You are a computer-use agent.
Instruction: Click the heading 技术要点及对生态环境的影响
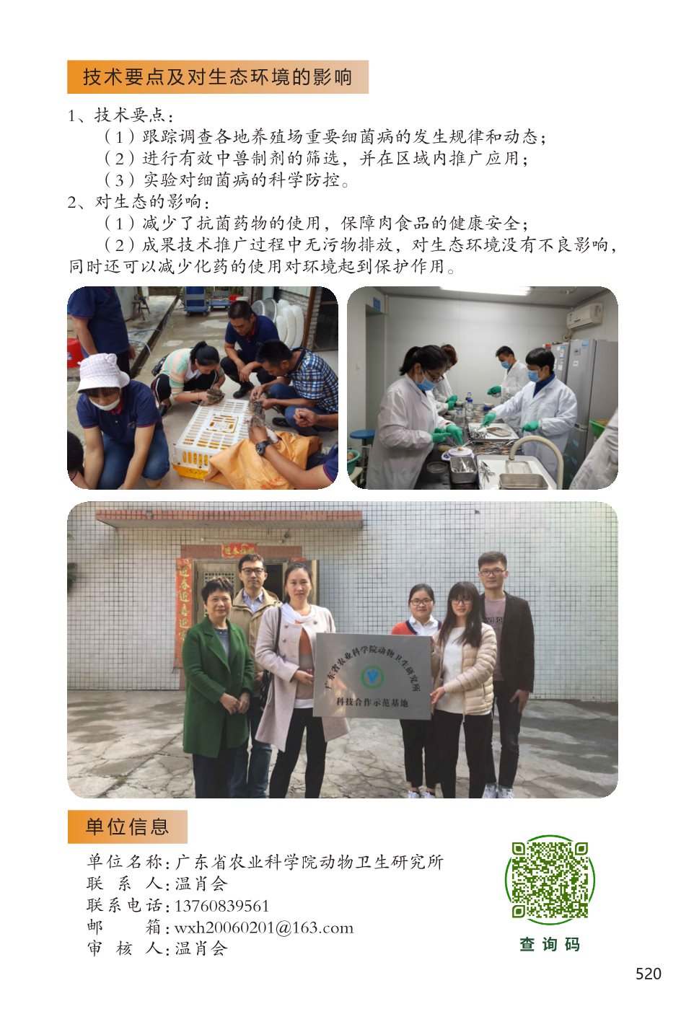(x=217, y=77)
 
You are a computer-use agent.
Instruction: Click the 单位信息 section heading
(x=127, y=827)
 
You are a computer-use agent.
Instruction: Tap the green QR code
(x=550, y=880)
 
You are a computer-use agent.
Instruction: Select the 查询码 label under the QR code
(x=550, y=944)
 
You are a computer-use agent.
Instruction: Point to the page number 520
(x=648, y=974)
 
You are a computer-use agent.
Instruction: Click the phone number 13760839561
(x=222, y=906)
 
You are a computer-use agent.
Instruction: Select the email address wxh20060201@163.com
(x=264, y=928)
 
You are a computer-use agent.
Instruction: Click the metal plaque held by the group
(x=372, y=675)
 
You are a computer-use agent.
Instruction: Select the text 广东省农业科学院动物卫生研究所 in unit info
(x=309, y=862)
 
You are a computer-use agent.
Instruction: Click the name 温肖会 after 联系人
(x=201, y=884)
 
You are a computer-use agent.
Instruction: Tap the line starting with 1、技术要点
(x=120, y=115)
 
